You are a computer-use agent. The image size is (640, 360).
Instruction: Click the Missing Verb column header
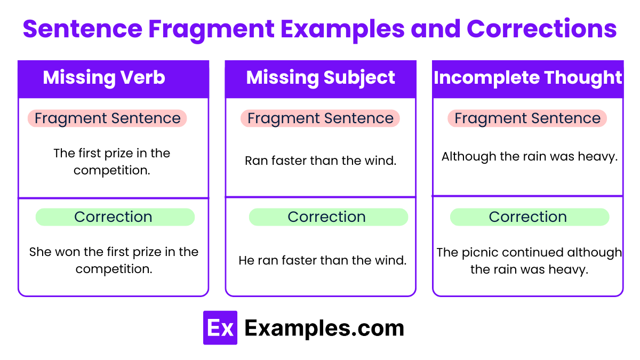[104, 78]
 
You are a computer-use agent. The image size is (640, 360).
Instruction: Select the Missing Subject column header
[321, 78]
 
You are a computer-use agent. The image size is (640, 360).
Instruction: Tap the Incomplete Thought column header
[527, 78]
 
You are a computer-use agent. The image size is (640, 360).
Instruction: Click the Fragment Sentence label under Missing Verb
[107, 118]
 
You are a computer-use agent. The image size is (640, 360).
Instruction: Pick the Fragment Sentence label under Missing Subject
[320, 118]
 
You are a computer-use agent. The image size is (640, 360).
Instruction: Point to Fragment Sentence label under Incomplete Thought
[527, 118]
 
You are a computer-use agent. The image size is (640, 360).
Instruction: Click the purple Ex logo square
[220, 328]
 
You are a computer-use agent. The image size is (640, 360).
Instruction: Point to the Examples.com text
[324, 328]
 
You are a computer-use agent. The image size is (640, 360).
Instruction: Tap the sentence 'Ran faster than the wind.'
[321, 161]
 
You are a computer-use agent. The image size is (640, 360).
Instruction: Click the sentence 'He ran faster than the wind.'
[322, 260]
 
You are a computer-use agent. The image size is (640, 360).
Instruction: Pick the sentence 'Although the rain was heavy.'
[529, 157]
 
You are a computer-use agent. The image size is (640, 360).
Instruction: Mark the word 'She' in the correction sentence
[40, 252]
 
